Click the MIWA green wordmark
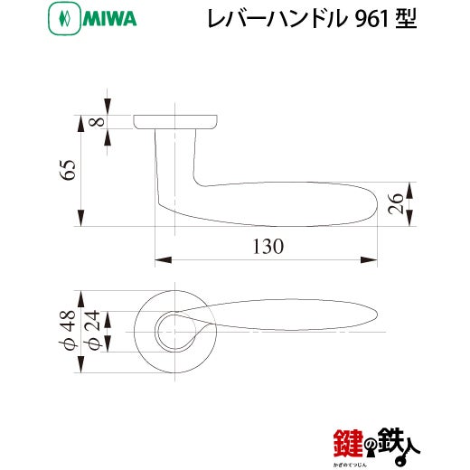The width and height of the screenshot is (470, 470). pos(109,19)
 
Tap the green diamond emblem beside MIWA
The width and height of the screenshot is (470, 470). pos(64,18)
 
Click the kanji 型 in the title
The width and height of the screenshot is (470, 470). pos(406,19)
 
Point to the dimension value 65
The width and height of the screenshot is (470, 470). pos(68,170)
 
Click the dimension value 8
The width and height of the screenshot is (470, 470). pos(97,122)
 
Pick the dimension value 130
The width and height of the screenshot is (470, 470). pos(268,247)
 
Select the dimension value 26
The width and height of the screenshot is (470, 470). pos(395,204)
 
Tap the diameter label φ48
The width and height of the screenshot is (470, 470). pos(67,331)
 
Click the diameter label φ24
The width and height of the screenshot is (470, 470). pos(91,331)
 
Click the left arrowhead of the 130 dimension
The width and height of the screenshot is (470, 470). pos(164,259)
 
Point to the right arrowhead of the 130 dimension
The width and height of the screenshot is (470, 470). pos(369,259)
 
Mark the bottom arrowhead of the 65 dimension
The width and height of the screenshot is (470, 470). pos(80,218)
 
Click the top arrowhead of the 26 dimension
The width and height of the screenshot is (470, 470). pos(409,191)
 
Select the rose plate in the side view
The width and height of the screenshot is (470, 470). pos(175,122)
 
